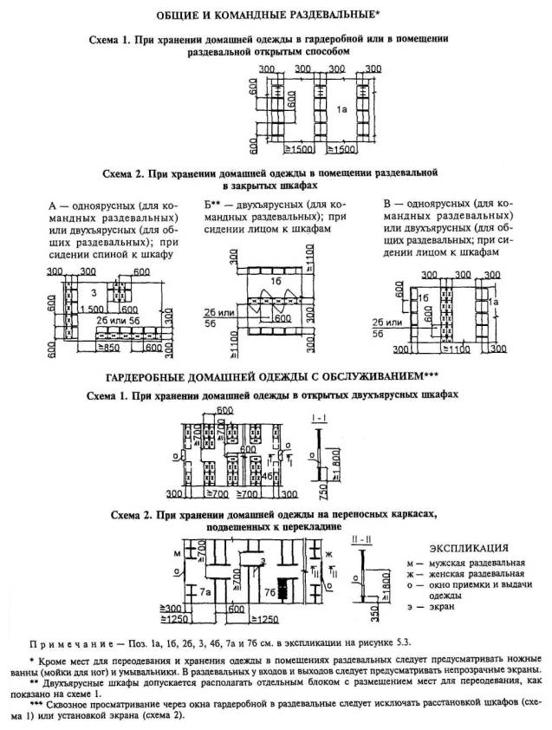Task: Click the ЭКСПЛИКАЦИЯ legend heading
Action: (x=469, y=548)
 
